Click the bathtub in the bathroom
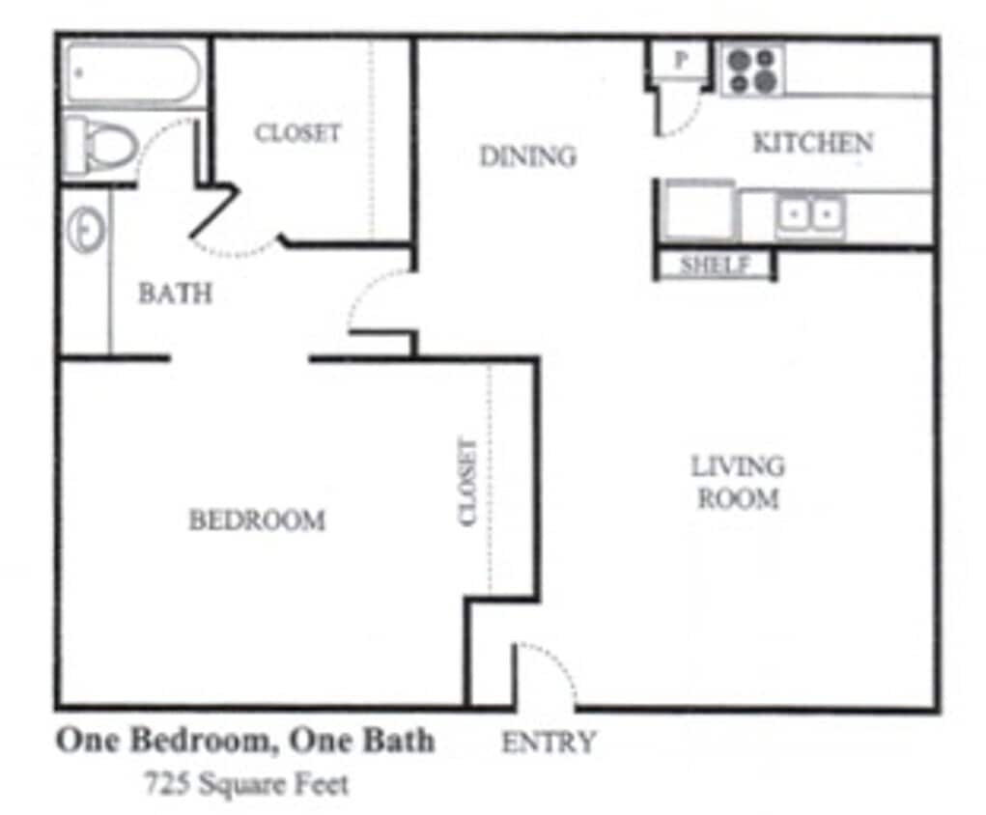pyautogui.click(x=132, y=72)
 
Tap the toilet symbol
pyautogui.click(x=100, y=146)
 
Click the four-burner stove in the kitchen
pyautogui.click(x=752, y=70)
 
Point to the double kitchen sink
pyautogui.click(x=810, y=213)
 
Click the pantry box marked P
pyautogui.click(x=680, y=60)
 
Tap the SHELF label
pyautogui.click(x=715, y=265)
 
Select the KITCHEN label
pyautogui.click(x=812, y=143)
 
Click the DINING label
pyautogui.click(x=527, y=155)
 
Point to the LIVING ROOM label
pyautogui.click(x=738, y=482)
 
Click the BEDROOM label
pyautogui.click(x=256, y=520)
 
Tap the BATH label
pyautogui.click(x=175, y=293)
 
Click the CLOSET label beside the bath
pyautogui.click(x=297, y=132)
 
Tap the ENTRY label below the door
pyautogui.click(x=549, y=742)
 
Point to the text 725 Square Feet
pyautogui.click(x=246, y=783)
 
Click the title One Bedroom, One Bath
pyautogui.click(x=245, y=741)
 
